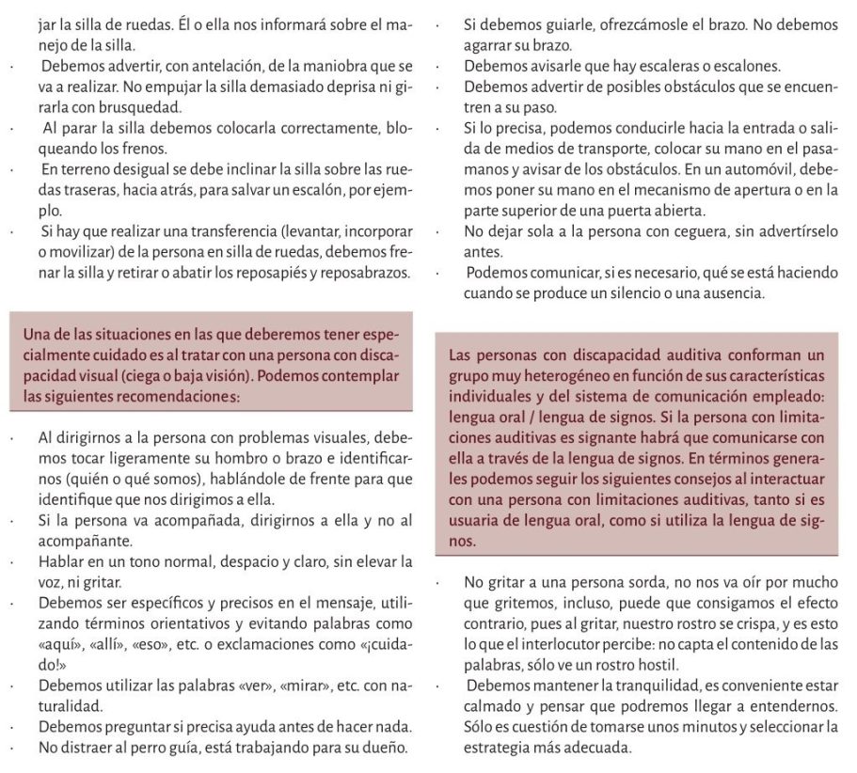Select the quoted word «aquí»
coord(56,642)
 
